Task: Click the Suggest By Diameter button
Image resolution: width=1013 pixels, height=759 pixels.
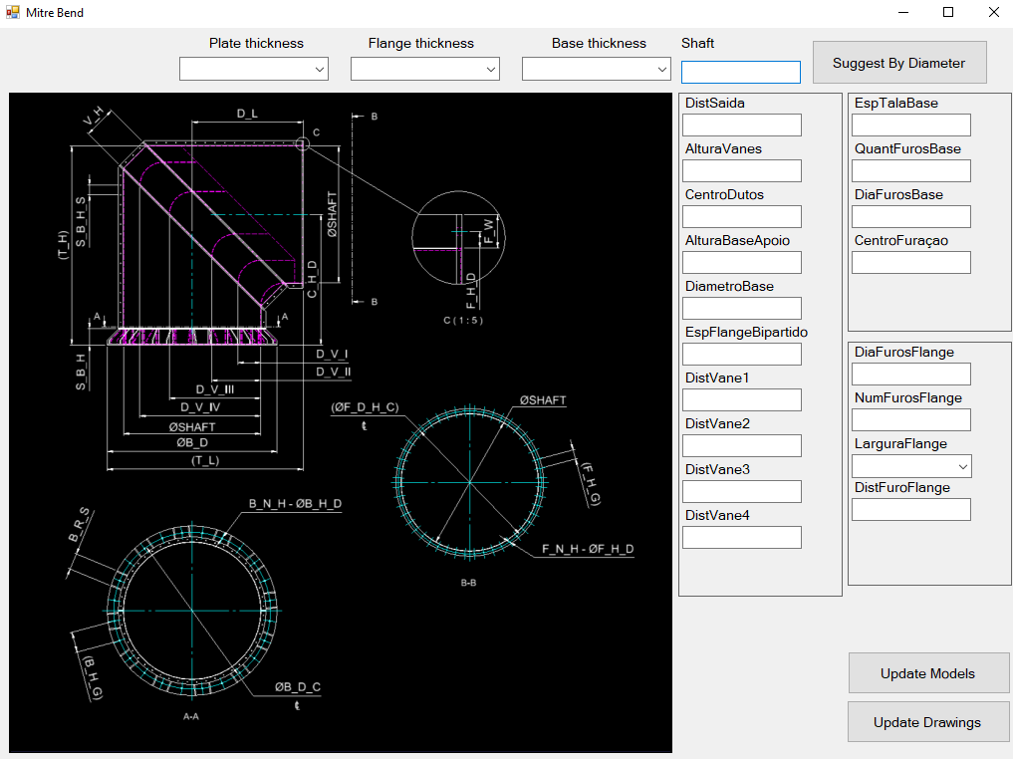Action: click(x=898, y=63)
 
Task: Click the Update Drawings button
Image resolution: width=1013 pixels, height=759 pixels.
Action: click(x=927, y=722)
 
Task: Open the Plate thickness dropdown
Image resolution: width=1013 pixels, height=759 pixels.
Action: click(x=254, y=69)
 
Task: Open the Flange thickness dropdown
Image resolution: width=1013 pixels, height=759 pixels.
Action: click(x=425, y=69)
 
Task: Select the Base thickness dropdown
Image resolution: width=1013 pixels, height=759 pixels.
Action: click(x=597, y=69)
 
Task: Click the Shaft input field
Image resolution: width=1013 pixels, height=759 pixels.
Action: click(x=740, y=72)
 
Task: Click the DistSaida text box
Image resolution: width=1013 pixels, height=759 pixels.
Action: click(x=741, y=125)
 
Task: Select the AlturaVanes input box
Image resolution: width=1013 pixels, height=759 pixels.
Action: click(x=741, y=170)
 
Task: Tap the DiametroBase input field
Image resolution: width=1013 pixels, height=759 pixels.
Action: click(x=741, y=308)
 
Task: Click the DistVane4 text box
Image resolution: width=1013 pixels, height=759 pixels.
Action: click(x=741, y=537)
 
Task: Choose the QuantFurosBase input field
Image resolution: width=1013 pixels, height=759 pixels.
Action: click(x=910, y=170)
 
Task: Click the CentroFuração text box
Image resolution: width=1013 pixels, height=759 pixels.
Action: click(x=910, y=262)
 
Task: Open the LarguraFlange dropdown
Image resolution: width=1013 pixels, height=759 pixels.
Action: click(x=911, y=466)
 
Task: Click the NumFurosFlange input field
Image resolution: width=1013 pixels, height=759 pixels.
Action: click(x=910, y=419)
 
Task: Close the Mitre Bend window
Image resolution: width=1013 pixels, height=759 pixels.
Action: click(x=993, y=13)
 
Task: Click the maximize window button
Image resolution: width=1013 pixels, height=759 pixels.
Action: click(x=948, y=13)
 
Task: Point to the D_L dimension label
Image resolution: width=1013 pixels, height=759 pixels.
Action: click(x=247, y=114)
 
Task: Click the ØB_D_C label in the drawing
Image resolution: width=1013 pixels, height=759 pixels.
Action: click(x=298, y=687)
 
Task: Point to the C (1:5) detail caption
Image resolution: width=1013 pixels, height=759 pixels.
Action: click(x=462, y=320)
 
